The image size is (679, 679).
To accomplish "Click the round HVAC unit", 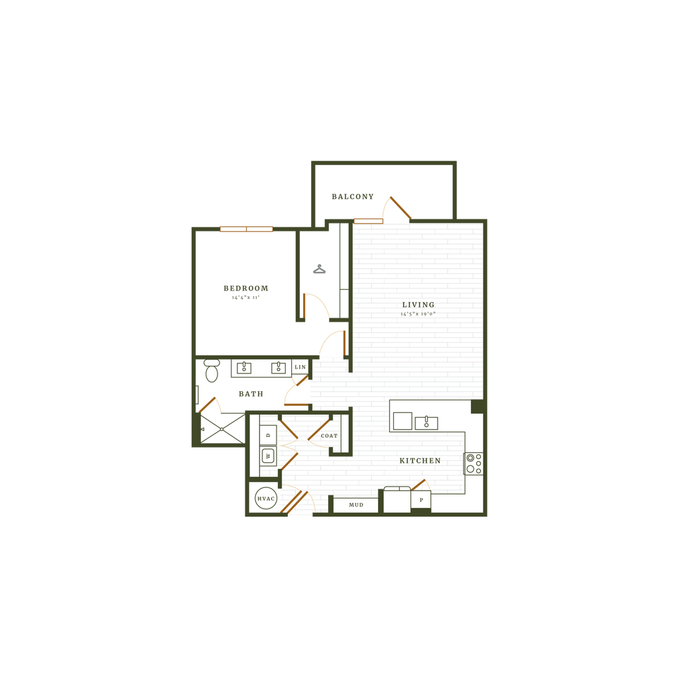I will [265, 499].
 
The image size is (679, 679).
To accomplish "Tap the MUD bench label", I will [356, 505].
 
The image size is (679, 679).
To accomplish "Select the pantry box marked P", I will [421, 499].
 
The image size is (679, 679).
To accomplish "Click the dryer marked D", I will [268, 435].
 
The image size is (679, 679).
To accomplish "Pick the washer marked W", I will [268, 456].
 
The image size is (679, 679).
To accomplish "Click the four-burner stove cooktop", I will [473, 463].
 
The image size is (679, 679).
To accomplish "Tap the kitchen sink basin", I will [426, 422].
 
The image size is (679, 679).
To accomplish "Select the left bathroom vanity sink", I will [244, 367].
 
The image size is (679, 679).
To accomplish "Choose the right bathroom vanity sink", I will [279, 367].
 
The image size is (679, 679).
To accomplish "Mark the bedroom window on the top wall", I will [247, 229].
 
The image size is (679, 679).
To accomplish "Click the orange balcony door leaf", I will [401, 206].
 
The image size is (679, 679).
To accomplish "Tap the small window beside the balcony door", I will [368, 220].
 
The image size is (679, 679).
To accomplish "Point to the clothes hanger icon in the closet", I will [320, 269].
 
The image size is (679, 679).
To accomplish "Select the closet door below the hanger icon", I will [305, 305].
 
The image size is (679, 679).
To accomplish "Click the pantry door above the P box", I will [422, 483].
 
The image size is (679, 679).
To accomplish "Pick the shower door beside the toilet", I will [208, 403].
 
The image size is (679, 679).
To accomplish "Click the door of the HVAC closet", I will [294, 502].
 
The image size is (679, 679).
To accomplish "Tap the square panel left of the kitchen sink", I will [402, 421].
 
